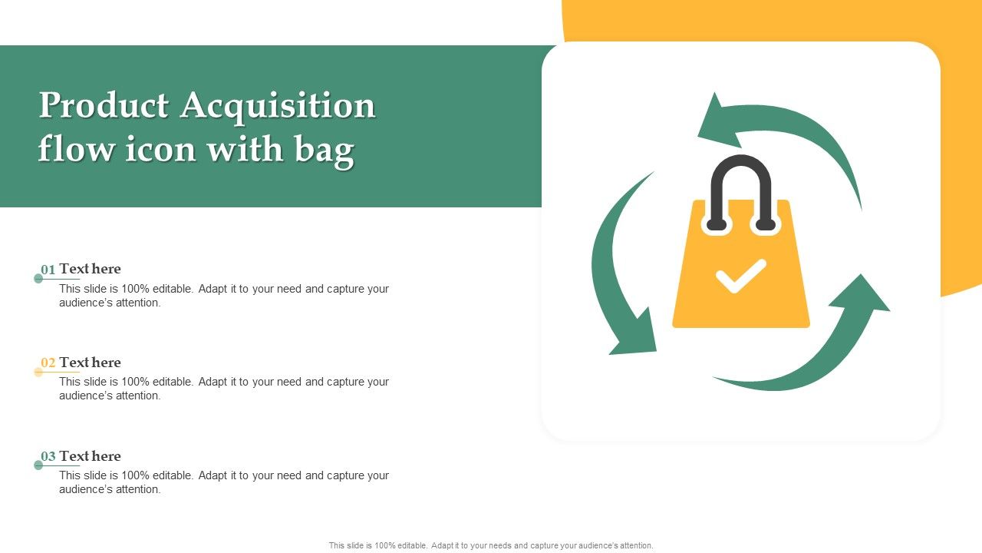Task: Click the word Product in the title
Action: point(104,105)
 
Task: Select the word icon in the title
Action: point(160,149)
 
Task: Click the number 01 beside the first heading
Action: point(48,270)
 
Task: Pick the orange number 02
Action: point(48,363)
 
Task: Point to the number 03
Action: point(48,456)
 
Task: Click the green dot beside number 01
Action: point(38,279)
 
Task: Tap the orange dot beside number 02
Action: point(38,373)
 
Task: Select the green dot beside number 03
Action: point(38,465)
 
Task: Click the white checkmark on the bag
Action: point(741,276)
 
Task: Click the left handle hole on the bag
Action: point(717,224)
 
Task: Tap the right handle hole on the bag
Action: point(766,224)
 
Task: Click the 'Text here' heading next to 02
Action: point(90,363)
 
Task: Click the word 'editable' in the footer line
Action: point(411,545)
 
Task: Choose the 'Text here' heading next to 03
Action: point(90,456)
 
